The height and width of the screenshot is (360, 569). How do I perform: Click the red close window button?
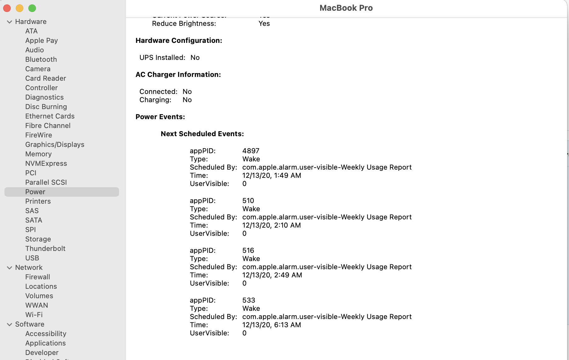[7, 8]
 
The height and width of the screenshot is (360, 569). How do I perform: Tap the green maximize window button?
[32, 8]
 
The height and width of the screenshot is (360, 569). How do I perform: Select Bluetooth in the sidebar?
[41, 59]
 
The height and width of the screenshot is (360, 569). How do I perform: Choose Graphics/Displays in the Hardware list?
[55, 144]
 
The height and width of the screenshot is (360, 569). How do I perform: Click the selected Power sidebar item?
[35, 192]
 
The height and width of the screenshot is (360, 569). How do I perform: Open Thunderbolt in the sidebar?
[45, 248]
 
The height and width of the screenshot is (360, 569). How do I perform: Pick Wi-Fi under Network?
[34, 315]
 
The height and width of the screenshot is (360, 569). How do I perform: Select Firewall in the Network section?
[37, 277]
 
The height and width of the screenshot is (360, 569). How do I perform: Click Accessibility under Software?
[46, 334]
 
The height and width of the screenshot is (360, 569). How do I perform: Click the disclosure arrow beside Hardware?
[9, 22]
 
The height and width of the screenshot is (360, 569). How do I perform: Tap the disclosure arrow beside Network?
[9, 268]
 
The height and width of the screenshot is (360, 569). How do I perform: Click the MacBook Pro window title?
[346, 8]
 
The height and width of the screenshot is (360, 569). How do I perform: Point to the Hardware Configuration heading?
[179, 40]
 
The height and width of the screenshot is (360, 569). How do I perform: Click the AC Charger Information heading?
[178, 74]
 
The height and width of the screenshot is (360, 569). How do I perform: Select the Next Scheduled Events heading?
[202, 134]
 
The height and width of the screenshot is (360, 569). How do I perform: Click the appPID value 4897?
[251, 151]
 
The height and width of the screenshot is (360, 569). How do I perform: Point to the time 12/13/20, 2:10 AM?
[271, 225]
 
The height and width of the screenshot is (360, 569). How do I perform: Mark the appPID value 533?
[249, 300]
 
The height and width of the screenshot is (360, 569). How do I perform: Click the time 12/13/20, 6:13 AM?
[271, 325]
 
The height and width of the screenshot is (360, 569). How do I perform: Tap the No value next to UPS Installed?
[195, 57]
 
